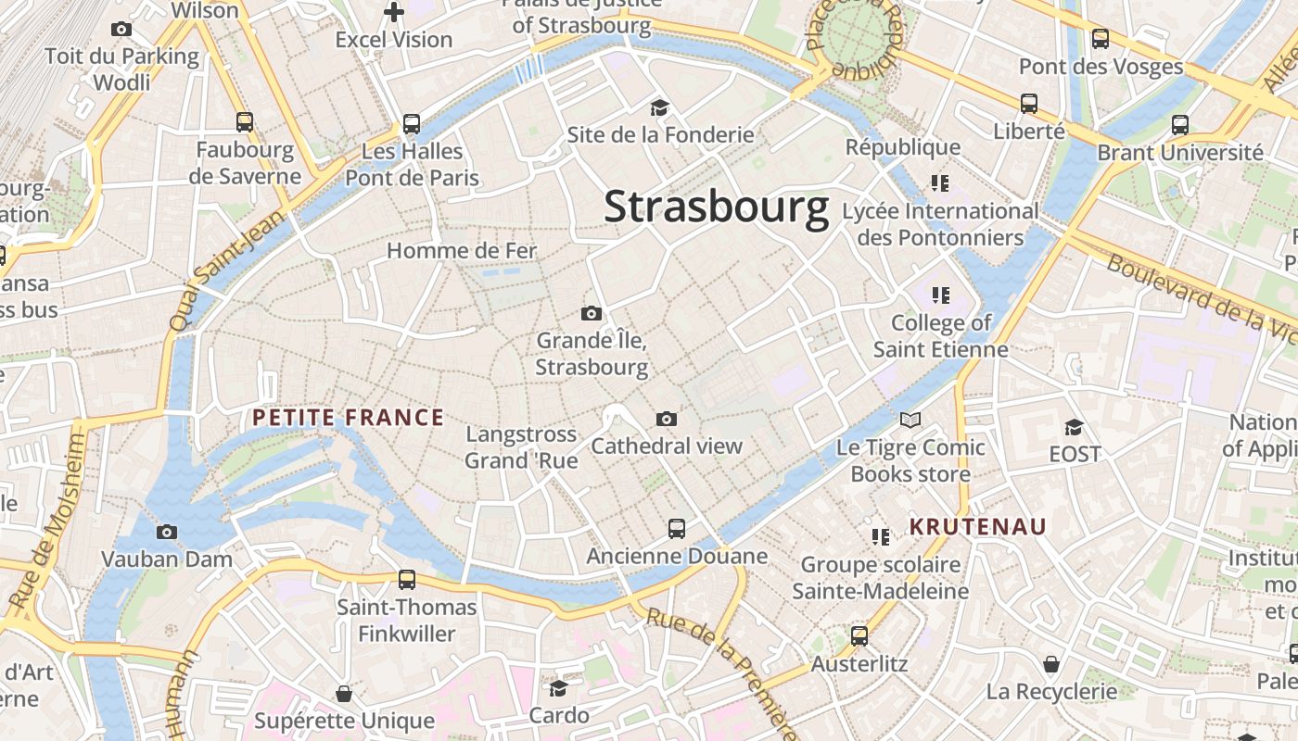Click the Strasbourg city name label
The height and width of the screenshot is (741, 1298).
point(716,207)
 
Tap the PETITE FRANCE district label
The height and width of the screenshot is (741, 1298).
point(348,418)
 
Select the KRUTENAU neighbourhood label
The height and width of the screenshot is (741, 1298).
point(977,527)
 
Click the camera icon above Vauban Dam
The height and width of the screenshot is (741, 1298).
point(167,532)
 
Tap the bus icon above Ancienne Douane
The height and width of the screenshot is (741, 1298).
point(677,529)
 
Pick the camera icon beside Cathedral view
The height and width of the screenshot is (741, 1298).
point(666,420)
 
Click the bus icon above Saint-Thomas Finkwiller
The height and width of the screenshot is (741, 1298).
point(406,581)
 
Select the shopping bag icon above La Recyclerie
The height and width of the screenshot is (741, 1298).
point(1051,664)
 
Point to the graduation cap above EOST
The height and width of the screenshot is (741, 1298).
point(1074,427)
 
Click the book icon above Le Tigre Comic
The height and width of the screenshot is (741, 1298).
point(910,421)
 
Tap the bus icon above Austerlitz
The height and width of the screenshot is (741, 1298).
point(859,636)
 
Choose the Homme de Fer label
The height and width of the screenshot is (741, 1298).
point(462,251)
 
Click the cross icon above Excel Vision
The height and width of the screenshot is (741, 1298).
point(394,13)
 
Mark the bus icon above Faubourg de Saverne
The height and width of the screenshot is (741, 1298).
point(245,121)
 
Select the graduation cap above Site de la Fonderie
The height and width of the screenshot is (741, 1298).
point(659,107)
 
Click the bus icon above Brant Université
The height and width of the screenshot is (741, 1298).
point(1180,124)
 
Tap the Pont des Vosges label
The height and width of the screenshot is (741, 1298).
point(1101,67)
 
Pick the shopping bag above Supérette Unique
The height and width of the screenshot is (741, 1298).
point(344,694)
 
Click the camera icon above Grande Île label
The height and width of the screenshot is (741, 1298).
point(591,313)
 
